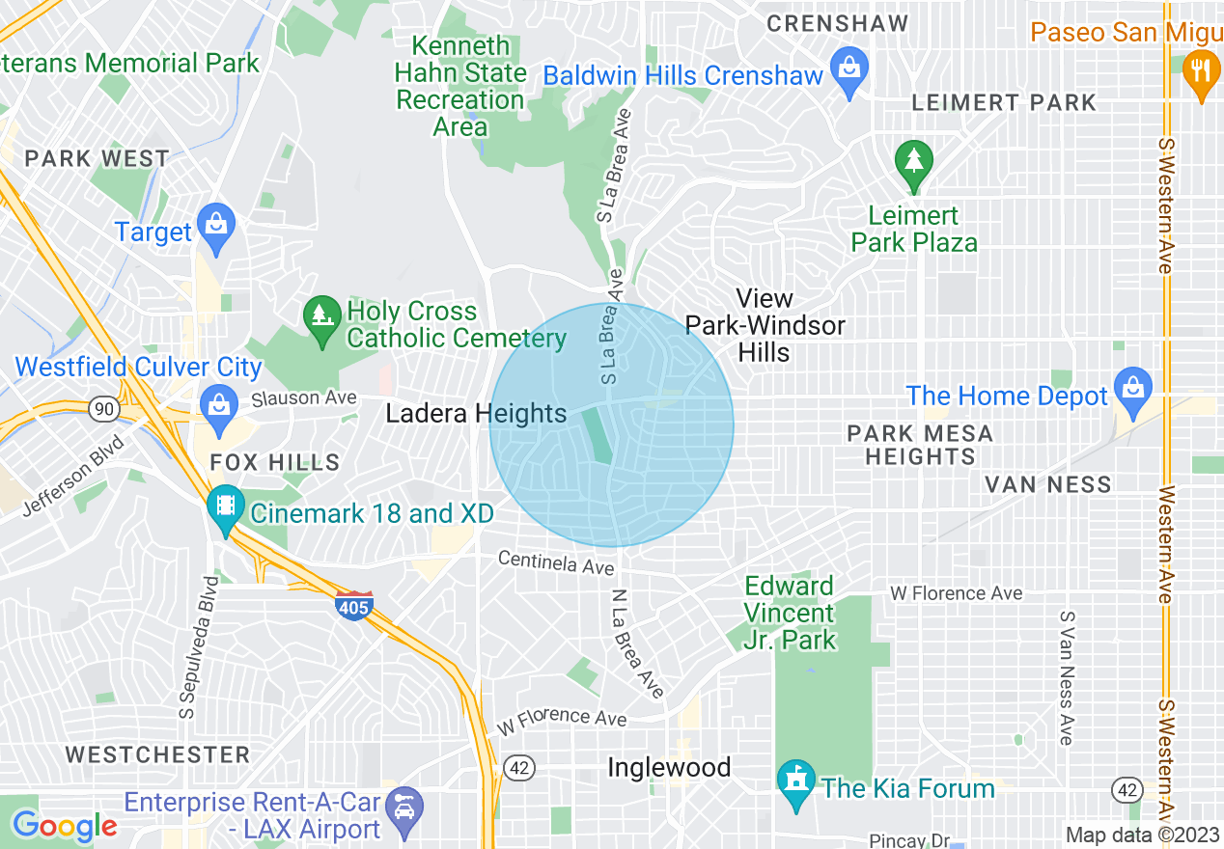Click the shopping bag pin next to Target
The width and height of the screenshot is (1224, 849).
215,227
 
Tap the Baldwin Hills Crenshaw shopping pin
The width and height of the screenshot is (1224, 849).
849,70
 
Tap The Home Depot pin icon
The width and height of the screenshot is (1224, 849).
1132,390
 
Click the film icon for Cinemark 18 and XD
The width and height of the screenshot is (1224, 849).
226,507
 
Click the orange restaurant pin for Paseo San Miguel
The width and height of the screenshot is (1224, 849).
1201,72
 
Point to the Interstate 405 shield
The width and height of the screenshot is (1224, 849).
355,606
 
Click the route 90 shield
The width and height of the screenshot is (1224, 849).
102,409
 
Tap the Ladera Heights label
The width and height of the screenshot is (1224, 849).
476,414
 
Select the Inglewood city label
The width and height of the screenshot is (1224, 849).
669,768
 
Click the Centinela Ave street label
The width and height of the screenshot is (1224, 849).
556,562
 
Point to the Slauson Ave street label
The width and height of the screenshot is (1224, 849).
304,397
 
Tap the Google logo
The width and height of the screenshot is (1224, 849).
64,826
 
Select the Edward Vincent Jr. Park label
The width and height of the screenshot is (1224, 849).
790,613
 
